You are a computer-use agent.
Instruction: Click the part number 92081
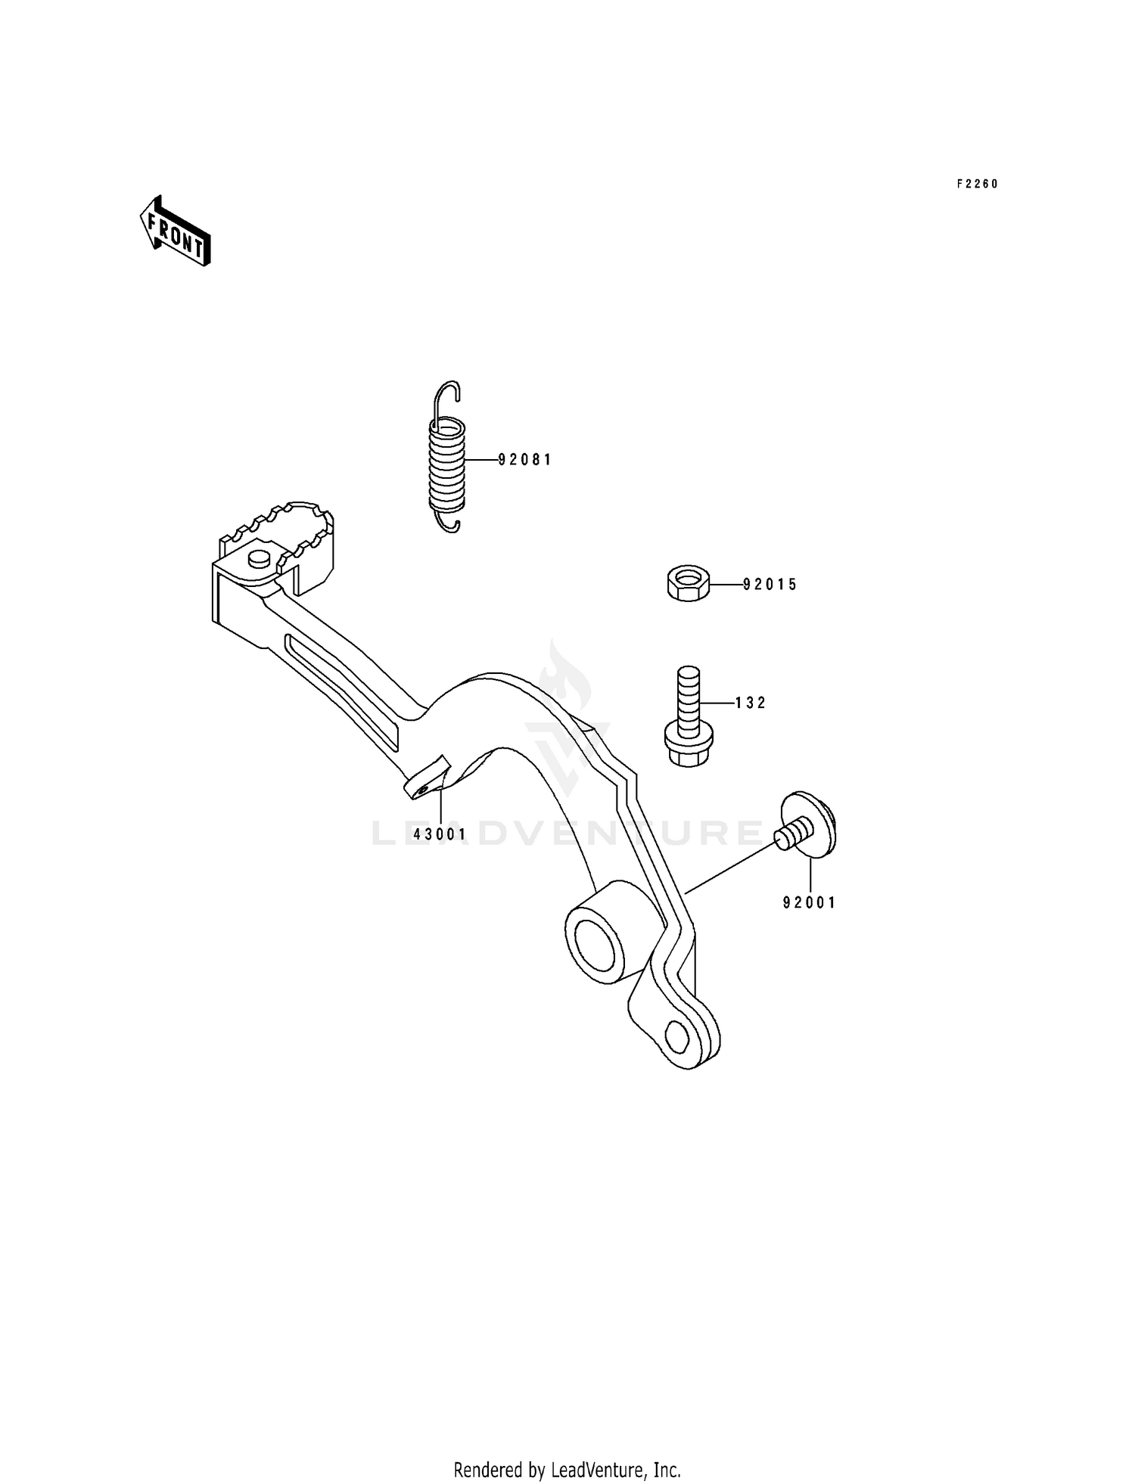(525, 460)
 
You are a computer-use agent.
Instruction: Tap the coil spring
(446, 461)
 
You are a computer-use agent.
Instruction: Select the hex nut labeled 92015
(688, 585)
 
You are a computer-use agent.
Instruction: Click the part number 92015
(770, 585)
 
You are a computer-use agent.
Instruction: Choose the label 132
(751, 703)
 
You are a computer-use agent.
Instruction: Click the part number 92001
(810, 902)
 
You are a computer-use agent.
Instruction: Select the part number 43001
(440, 834)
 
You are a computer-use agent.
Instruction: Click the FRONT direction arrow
(174, 231)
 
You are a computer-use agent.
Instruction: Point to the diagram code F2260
(978, 184)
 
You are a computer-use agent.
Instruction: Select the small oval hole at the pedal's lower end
(677, 1036)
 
